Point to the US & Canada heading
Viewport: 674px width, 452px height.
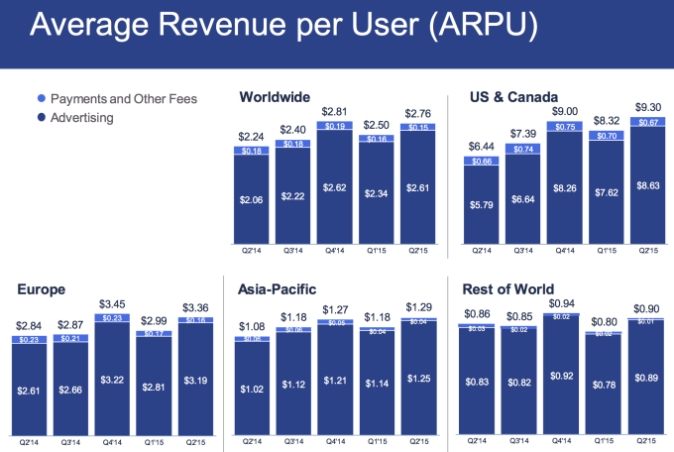pos(508,97)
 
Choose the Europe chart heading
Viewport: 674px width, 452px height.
pos(42,289)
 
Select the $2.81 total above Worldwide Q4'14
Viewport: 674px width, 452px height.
pos(334,112)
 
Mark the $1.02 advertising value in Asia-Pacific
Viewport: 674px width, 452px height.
pos(251,390)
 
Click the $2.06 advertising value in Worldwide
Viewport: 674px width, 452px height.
pos(251,199)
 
